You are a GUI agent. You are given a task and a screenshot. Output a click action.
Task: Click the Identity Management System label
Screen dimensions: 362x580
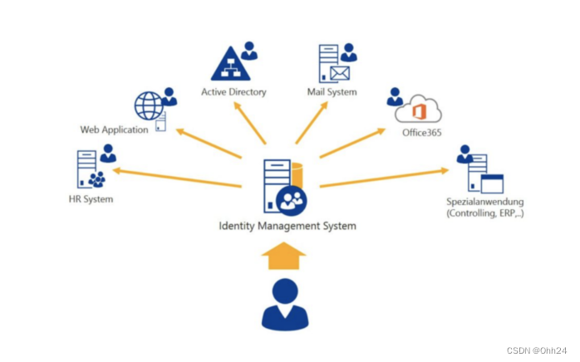(x=287, y=225)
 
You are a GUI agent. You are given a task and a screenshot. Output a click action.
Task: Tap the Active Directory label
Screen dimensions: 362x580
(x=233, y=92)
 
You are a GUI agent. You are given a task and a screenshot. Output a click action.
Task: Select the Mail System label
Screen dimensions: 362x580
(x=332, y=92)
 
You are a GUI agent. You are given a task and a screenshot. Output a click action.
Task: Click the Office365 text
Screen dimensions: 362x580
(x=421, y=132)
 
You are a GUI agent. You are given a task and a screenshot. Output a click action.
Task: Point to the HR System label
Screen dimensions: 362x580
(x=91, y=199)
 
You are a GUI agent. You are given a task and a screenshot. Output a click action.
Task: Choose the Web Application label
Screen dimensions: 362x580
(x=114, y=130)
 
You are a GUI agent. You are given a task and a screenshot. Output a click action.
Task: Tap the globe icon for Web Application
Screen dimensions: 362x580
(x=150, y=106)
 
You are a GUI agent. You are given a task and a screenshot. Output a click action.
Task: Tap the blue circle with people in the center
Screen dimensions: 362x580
(x=292, y=198)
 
